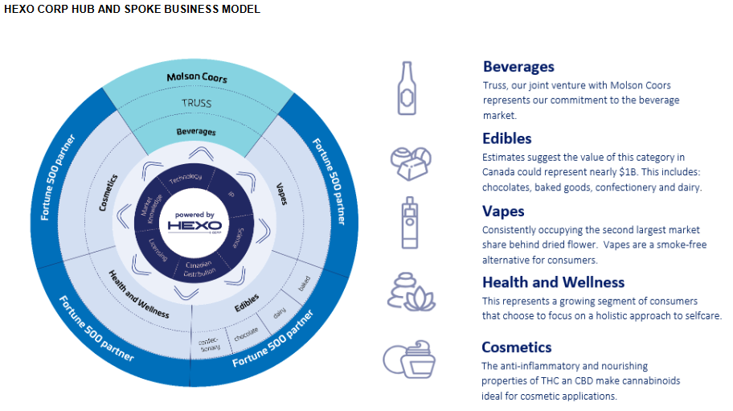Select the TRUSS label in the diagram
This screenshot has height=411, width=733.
tap(196, 103)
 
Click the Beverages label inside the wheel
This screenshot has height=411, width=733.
tap(196, 131)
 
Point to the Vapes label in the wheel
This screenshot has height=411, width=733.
tap(282, 191)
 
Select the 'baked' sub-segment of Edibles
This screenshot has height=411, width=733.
tap(305, 284)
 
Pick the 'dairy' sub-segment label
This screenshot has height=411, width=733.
tap(279, 314)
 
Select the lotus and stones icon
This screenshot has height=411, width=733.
tap(411, 291)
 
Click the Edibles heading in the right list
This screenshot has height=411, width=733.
tap(506, 138)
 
